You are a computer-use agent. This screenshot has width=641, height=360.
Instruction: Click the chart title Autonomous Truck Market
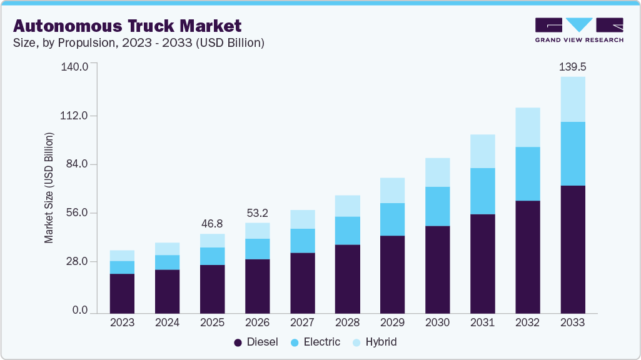[x=127, y=26]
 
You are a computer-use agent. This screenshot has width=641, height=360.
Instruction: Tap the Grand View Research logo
[x=578, y=30]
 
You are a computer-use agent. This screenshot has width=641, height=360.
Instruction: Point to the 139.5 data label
[x=572, y=66]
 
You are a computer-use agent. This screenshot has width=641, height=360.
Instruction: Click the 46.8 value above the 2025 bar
[x=212, y=223]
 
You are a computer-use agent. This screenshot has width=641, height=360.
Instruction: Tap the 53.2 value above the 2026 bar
[x=257, y=212]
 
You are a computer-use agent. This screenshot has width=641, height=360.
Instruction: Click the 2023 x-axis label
[x=122, y=322]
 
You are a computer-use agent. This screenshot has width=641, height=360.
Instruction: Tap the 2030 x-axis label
[x=437, y=322]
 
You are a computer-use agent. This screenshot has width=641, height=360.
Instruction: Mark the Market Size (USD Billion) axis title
[x=49, y=187]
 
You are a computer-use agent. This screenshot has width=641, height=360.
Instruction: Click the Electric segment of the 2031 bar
[x=482, y=191]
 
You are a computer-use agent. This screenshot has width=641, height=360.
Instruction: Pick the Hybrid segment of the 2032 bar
[x=527, y=127]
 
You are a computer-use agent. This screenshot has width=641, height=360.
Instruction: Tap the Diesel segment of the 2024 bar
[x=167, y=291]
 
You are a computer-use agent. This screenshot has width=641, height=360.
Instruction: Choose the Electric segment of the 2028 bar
[x=347, y=231]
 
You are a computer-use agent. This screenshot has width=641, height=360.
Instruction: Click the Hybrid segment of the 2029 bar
[x=392, y=190]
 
